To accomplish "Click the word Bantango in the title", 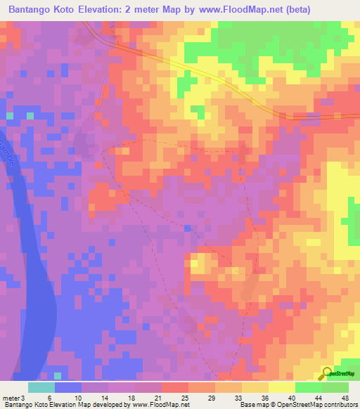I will click(34, 10).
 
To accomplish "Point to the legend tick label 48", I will click(344, 397).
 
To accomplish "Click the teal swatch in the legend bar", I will click(41, 387).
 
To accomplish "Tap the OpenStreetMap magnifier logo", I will click(327, 373).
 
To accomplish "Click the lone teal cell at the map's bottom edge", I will click(58, 376).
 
